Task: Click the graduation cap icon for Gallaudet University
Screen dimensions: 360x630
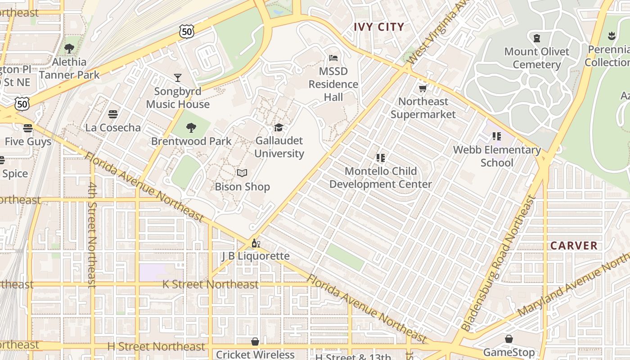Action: tap(279, 128)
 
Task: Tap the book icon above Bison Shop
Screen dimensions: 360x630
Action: tap(242, 173)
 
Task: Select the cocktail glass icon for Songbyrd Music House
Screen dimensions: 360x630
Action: tap(178, 78)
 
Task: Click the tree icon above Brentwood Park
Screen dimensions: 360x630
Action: tap(191, 128)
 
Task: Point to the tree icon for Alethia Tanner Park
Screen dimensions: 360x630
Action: tap(69, 48)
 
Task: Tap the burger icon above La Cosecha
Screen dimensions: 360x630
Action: tap(113, 114)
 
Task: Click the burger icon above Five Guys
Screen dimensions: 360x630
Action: tap(28, 128)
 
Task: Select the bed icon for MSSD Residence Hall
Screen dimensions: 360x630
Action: tap(333, 58)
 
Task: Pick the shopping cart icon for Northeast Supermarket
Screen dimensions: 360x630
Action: tap(423, 88)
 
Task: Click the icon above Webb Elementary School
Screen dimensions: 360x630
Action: tap(497, 136)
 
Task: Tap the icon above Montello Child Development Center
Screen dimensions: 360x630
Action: tap(381, 158)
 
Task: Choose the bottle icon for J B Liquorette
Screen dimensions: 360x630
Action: tap(256, 243)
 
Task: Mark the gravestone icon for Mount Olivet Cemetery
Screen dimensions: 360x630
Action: tap(536, 38)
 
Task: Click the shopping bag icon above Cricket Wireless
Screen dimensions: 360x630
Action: tap(255, 342)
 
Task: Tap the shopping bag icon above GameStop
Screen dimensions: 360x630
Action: tap(509, 339)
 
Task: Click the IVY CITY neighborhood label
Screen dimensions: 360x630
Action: tap(379, 27)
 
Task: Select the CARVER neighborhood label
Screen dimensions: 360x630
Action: tap(574, 246)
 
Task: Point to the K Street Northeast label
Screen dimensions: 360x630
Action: tap(210, 284)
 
